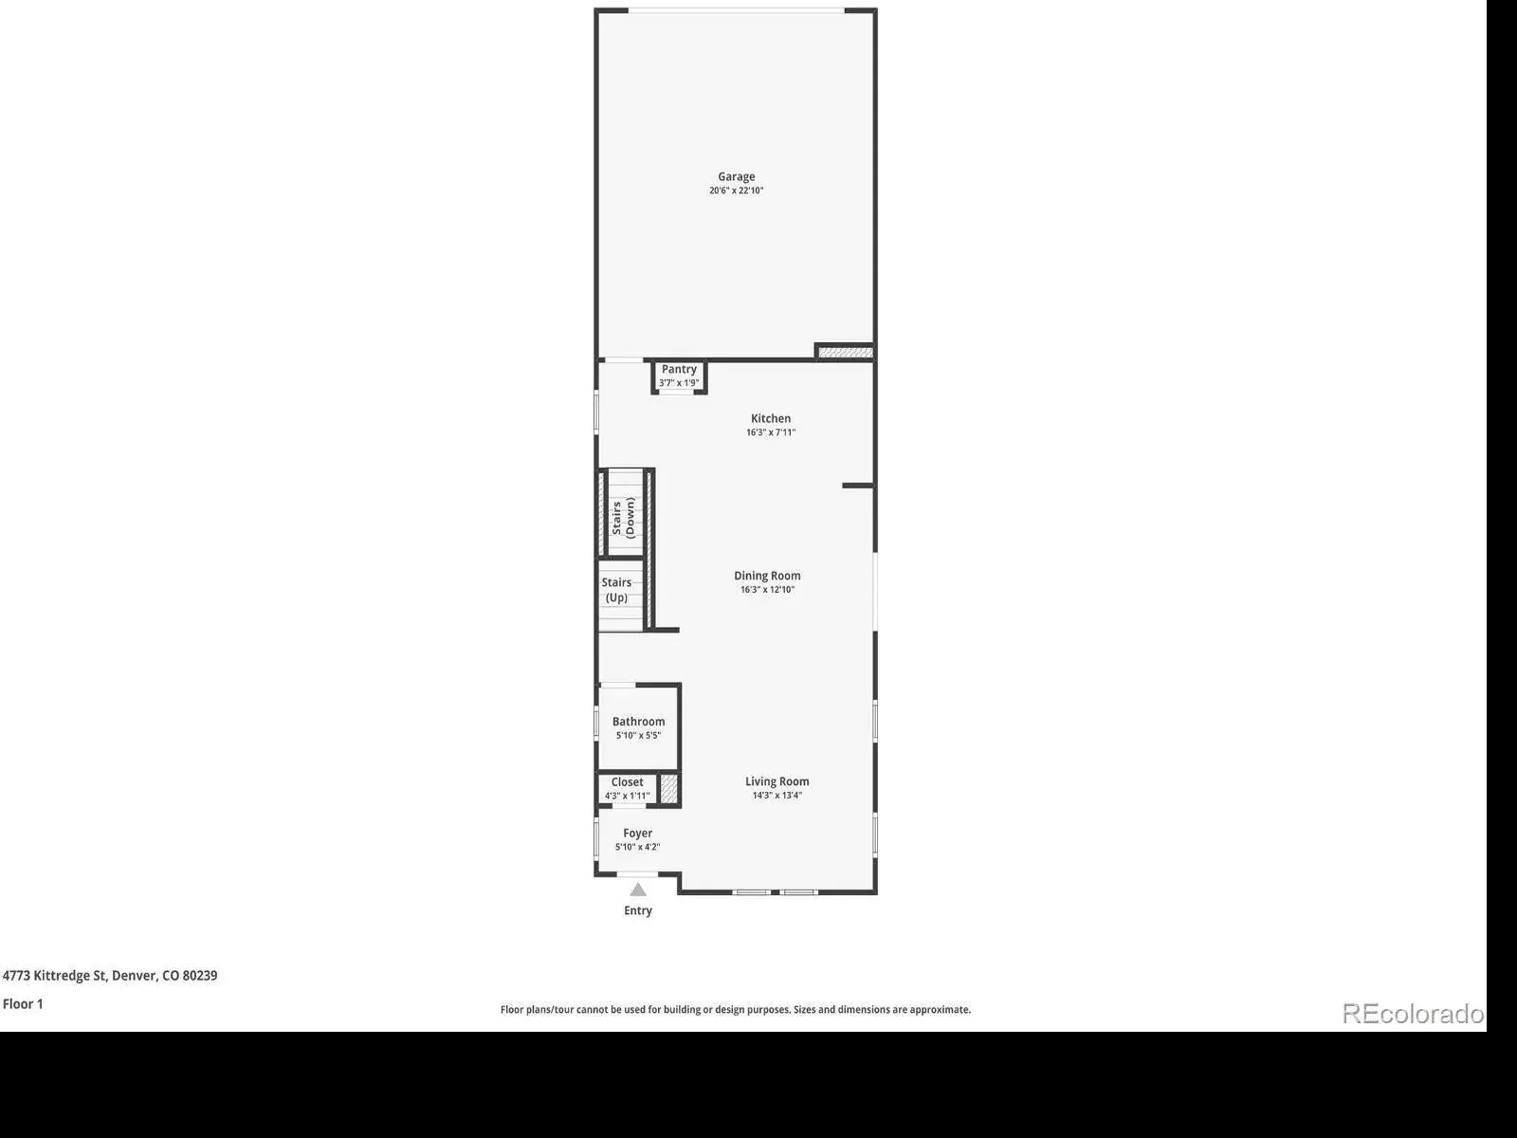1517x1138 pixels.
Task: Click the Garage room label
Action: [x=736, y=177]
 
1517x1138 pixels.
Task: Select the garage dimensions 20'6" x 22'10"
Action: [x=736, y=191]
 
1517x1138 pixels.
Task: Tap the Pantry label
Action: [x=679, y=369]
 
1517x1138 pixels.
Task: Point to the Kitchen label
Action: [x=771, y=419]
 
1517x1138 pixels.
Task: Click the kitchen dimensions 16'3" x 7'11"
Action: [x=771, y=432]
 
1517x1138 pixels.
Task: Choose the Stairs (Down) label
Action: [x=623, y=518]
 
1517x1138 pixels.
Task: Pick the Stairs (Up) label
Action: [x=616, y=590]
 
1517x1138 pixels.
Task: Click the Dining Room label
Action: [x=767, y=576]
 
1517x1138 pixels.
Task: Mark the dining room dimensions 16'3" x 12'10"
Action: [x=767, y=589]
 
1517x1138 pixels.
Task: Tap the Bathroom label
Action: [x=639, y=722]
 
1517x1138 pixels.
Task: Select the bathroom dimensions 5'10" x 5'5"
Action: [x=639, y=735]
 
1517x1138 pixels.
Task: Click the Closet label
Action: [x=627, y=781]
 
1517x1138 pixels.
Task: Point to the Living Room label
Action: [x=777, y=781]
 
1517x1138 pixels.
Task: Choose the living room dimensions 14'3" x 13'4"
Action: [x=777, y=796]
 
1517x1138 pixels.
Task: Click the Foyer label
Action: [x=637, y=834]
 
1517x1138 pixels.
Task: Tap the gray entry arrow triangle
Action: [x=638, y=890]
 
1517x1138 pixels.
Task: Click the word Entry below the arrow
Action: [x=638, y=910]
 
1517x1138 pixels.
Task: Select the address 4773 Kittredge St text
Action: [x=55, y=976]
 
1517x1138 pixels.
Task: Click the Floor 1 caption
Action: [x=23, y=1004]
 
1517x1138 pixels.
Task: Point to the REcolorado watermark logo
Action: [x=1413, y=1014]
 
